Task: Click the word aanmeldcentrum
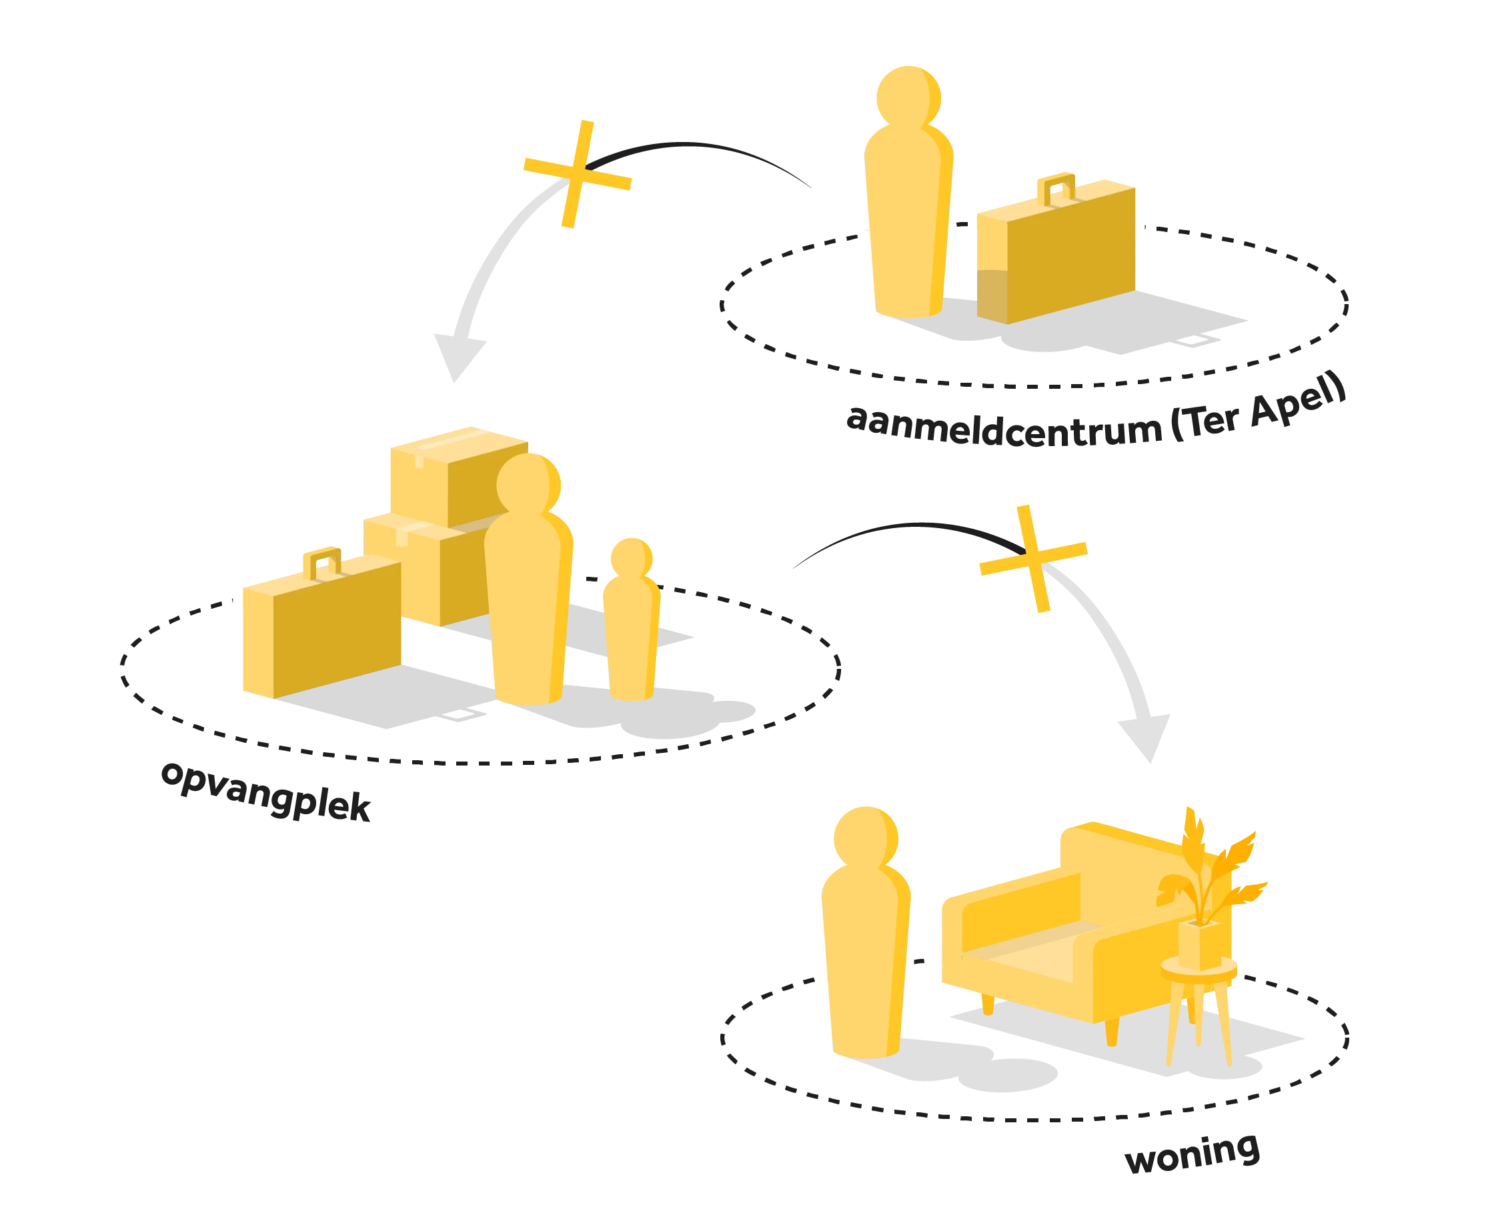[1004, 427]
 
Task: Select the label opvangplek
[266, 792]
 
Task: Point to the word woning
[1193, 1153]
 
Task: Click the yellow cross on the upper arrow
[577, 174]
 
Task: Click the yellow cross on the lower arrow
[1033, 559]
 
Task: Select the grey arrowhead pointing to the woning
[1145, 738]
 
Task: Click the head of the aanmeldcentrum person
[908, 98]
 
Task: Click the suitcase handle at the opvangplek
[323, 564]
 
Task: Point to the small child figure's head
[631, 558]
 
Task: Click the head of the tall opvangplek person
[528, 485]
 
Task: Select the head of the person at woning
[866, 839]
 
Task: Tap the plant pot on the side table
[1200, 944]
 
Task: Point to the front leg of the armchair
[1111, 1032]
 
